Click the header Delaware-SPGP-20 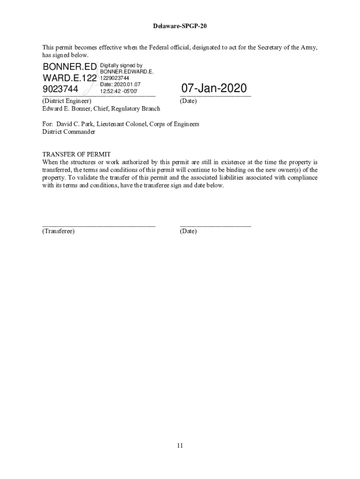point(180,26)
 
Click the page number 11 point(180,445)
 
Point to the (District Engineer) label point(67,101)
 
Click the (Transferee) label point(58,231)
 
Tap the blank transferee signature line point(99,225)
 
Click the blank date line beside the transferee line point(215,225)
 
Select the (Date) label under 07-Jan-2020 point(188,101)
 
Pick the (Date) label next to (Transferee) point(188,231)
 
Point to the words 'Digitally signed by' point(121,66)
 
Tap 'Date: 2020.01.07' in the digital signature point(120,84)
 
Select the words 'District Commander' point(69,132)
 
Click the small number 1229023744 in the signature point(115,78)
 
